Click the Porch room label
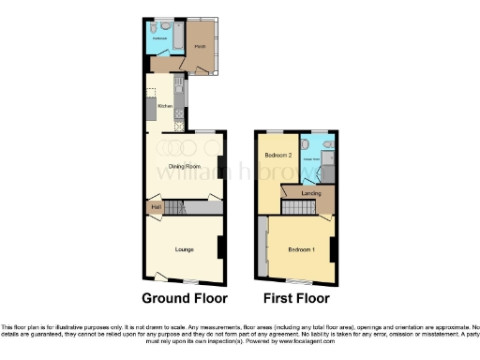pyautogui.click(x=199, y=46)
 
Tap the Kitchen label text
pyautogui.click(x=163, y=106)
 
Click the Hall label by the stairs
pyautogui.click(x=157, y=206)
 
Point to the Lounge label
pyautogui.click(x=184, y=249)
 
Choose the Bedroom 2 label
pyautogui.click(x=278, y=155)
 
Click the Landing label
pyautogui.click(x=312, y=193)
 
